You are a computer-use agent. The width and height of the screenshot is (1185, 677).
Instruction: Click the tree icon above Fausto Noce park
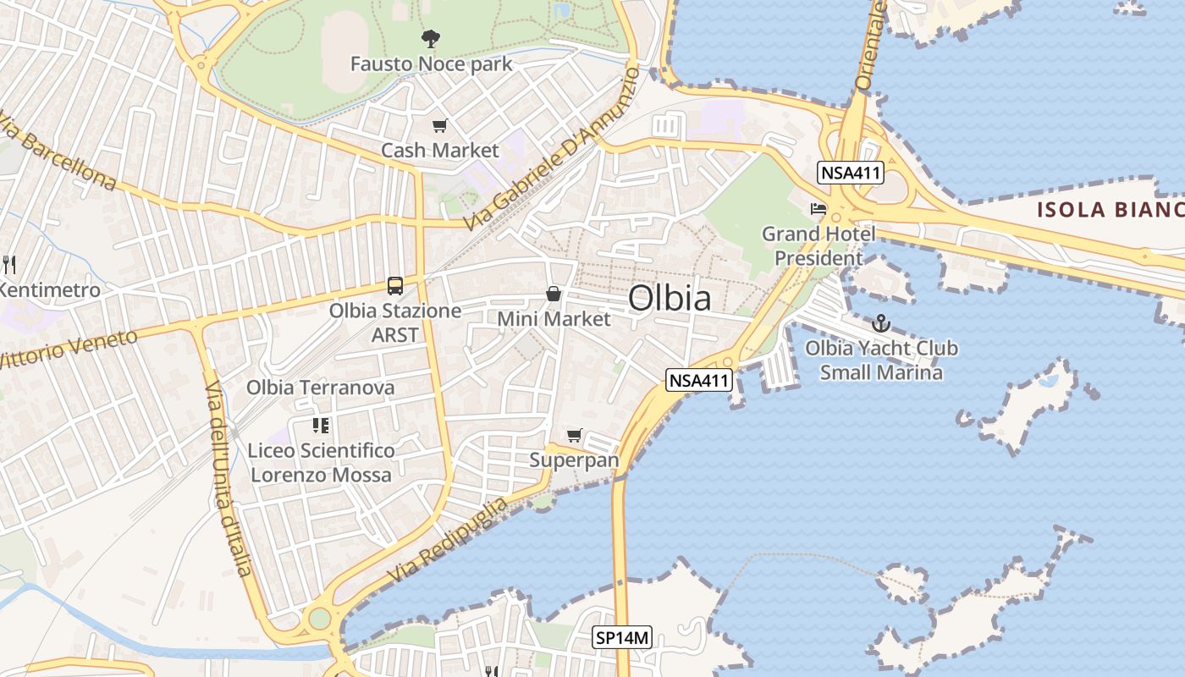[431, 38]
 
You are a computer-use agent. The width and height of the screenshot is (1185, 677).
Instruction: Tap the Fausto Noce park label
[431, 64]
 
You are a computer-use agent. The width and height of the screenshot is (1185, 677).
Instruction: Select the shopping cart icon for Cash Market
[439, 126]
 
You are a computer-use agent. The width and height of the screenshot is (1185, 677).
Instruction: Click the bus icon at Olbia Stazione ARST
[395, 286]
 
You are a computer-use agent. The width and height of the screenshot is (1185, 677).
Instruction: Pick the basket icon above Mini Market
[553, 294]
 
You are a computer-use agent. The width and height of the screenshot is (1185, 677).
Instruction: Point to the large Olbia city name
[670, 298]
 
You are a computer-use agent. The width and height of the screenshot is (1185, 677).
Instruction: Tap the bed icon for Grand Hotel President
[818, 208]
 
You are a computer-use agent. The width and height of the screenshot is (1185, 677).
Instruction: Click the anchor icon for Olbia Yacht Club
[881, 322]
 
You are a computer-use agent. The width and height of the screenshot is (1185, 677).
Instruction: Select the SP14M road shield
[622, 638]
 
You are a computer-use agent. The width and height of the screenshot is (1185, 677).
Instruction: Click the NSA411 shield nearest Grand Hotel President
[851, 173]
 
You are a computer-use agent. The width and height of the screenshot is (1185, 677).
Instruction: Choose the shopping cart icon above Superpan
[575, 435]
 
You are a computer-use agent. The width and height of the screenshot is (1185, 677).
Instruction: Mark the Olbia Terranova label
[320, 388]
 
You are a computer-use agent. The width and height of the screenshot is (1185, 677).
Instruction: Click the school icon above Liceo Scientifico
[320, 425]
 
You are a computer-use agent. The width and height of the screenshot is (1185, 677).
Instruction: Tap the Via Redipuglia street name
[449, 539]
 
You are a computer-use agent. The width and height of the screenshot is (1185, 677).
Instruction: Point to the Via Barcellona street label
[58, 150]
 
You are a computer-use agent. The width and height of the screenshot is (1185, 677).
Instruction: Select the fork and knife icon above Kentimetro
[9, 264]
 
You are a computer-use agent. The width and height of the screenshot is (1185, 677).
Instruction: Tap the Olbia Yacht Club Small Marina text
[881, 360]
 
